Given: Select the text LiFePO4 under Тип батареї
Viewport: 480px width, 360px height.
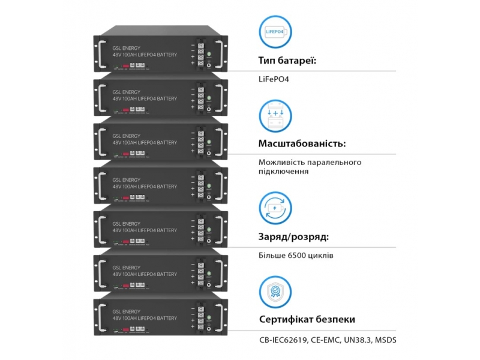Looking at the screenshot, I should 274,79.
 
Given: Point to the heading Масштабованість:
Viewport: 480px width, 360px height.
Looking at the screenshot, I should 302,144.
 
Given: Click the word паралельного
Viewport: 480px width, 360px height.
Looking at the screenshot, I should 337,162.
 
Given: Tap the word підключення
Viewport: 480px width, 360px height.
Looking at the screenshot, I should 284,171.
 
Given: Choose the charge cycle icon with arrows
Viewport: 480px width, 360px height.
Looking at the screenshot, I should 275,207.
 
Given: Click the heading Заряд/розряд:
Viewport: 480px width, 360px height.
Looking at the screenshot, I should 293,236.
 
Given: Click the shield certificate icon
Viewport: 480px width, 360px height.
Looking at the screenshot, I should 275,292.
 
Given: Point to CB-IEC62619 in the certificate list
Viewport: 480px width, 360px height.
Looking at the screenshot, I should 283,340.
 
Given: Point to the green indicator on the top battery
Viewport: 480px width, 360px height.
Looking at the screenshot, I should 209,56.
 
